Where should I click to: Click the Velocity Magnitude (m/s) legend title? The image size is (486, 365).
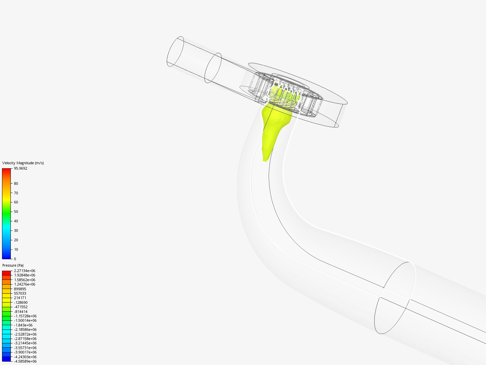point(23,163)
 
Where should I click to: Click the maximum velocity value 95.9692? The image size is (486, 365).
point(21,168)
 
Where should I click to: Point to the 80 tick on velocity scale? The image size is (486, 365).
point(16,184)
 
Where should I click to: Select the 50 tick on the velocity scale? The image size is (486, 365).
point(16,212)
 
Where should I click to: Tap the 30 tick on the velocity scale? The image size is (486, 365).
point(16,230)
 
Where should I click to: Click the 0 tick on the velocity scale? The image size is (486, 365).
point(15,259)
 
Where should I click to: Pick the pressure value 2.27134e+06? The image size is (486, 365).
point(24,271)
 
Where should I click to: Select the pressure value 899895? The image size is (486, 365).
point(20,289)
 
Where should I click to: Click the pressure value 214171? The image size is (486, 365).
point(20,298)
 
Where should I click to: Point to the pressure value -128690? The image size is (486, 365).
point(21,302)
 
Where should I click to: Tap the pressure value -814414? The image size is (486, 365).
point(21,312)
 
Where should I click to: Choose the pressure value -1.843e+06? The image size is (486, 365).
point(23,325)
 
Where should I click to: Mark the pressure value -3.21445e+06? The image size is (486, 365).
point(25,343)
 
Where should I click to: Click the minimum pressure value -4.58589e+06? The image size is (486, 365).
point(25,361)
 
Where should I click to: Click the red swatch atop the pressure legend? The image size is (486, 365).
point(6,273)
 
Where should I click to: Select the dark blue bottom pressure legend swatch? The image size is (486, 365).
point(6,359)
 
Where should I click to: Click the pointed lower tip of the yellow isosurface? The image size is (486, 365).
point(265,160)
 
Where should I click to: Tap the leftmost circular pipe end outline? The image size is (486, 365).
point(175,51)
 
